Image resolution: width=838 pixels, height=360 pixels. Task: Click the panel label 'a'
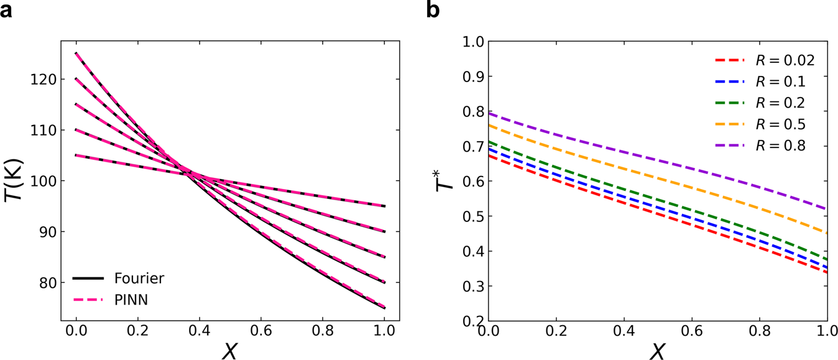(x=7, y=11)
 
